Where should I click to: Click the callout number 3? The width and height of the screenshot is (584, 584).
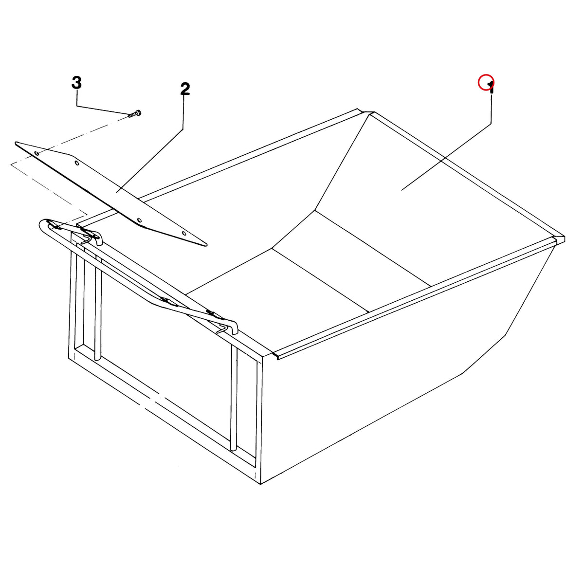point(77,82)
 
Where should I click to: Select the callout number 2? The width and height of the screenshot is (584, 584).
point(185,89)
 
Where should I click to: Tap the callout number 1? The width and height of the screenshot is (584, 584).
point(491,88)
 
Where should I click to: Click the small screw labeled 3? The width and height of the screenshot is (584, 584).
point(135,114)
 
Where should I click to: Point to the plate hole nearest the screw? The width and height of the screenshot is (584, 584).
point(37,154)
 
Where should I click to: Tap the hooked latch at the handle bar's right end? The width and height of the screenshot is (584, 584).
point(229,328)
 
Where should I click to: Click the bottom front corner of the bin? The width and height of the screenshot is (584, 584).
point(261,484)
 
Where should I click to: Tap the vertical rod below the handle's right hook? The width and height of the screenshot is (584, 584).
point(234,397)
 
